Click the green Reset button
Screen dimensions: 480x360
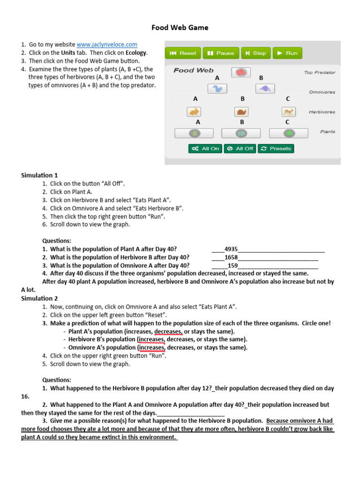coord(183,53)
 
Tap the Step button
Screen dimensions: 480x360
coord(255,53)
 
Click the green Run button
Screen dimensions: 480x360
coord(287,53)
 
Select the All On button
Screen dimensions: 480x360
coord(205,149)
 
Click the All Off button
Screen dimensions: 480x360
coord(240,149)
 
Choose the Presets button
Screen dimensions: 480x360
coord(276,149)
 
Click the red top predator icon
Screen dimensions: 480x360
coord(241,73)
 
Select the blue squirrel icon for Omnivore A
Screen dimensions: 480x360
coord(217,89)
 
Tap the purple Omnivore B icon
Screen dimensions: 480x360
coord(265,89)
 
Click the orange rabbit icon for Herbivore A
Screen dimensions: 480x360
coord(194,112)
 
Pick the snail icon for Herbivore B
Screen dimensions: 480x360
coord(241,112)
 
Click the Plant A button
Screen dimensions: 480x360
coord(194,133)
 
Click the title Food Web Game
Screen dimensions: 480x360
coord(180,28)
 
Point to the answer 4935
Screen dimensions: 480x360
coord(231,249)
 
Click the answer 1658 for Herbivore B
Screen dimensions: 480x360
coord(231,257)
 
